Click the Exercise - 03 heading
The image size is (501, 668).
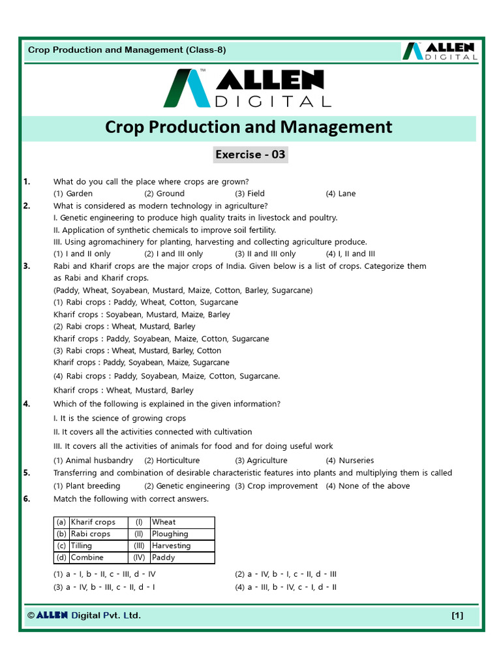point(250,155)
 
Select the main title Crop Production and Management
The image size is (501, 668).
point(249,127)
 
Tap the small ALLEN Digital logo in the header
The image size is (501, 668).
point(439,51)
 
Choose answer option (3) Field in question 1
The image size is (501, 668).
point(250,194)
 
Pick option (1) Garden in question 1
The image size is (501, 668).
point(73,194)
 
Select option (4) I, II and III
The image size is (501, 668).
point(350,254)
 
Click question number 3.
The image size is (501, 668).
point(27,266)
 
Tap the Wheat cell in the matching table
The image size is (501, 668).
point(164,522)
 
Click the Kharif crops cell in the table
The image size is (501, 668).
point(93,522)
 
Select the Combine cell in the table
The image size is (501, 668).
point(87,558)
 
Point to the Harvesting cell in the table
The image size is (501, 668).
point(172,546)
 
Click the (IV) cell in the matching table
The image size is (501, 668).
point(139,558)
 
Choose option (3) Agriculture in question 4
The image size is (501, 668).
point(261,461)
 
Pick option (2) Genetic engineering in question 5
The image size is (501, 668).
point(187,486)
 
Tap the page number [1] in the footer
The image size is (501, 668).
point(457,615)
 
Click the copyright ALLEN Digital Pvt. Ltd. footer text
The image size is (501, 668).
point(84,615)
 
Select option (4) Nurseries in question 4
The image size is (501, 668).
point(350,461)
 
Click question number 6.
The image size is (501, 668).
point(27,499)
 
